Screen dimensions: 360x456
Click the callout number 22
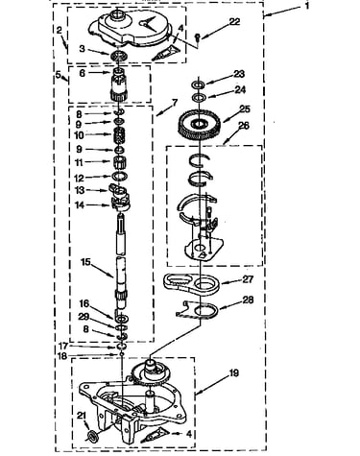click(x=234, y=22)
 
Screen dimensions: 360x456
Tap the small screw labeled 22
click(x=198, y=36)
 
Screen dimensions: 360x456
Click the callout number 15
click(x=85, y=262)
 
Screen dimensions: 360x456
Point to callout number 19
click(x=234, y=372)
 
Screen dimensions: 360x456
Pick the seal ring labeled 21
click(x=93, y=436)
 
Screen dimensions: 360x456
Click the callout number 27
click(x=248, y=279)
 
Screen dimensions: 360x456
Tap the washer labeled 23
click(x=199, y=85)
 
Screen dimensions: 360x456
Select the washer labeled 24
click(x=199, y=97)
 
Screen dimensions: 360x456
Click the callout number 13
click(x=80, y=190)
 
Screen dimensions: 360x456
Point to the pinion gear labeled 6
click(x=119, y=84)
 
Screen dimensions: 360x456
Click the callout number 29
click(x=84, y=317)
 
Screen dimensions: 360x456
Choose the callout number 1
click(x=306, y=7)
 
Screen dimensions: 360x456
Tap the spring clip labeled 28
click(x=198, y=309)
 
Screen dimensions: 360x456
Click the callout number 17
click(x=63, y=346)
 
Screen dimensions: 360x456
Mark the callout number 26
click(x=244, y=126)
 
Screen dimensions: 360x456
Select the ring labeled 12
click(x=120, y=176)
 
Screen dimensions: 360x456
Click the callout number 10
click(x=79, y=135)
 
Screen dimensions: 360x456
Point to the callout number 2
click(x=60, y=31)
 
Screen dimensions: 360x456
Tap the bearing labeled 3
click(x=119, y=56)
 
